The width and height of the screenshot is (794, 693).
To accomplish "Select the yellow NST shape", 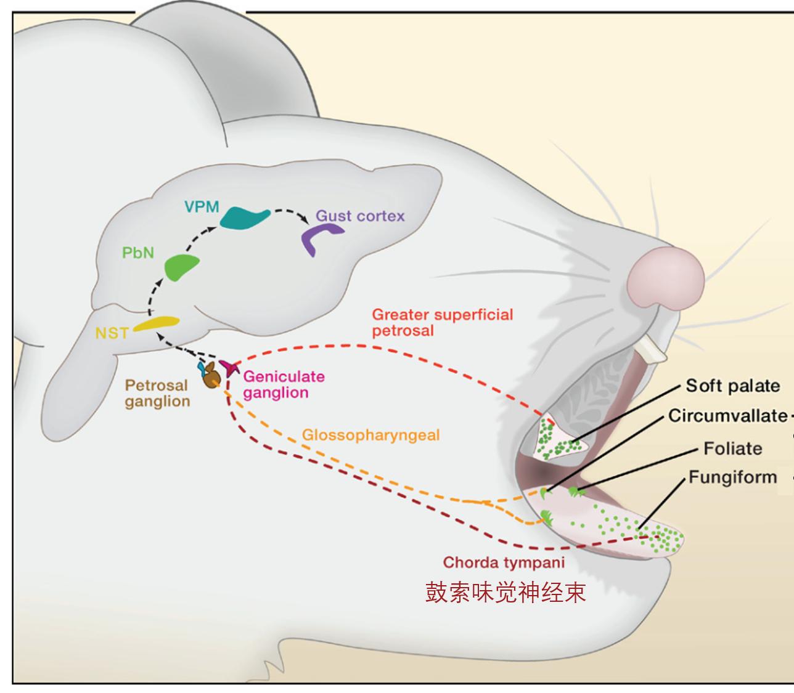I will click(157, 323).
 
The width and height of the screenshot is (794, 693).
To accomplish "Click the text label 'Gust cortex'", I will click(360, 216).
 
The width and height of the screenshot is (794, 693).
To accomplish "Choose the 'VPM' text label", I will click(202, 206).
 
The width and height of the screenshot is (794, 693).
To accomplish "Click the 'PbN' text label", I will click(138, 253).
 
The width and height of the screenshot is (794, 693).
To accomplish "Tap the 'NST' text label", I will click(112, 333).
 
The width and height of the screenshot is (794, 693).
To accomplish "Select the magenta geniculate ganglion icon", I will click(231, 368).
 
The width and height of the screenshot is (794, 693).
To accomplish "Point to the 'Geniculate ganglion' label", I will click(276, 384).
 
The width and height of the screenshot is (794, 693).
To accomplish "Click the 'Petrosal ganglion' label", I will click(157, 393).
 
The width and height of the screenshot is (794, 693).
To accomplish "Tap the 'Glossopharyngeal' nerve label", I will click(370, 435).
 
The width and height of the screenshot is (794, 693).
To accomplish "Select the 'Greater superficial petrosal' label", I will click(442, 322).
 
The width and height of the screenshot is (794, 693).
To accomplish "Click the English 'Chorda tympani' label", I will click(504, 562).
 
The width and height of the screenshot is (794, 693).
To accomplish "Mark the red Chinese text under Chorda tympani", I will click(505, 593).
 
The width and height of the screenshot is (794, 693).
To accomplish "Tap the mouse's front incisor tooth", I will click(652, 351).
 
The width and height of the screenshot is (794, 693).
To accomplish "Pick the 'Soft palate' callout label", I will click(732, 386).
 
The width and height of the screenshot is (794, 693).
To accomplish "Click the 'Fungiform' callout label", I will click(732, 477).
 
